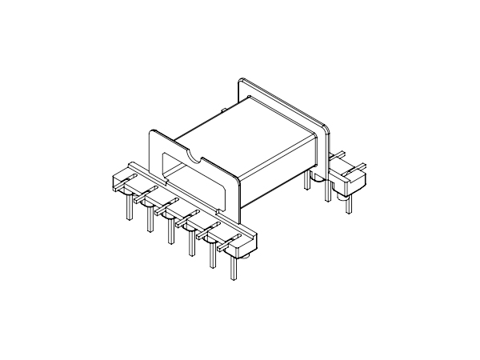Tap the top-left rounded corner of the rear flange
tap(241, 81)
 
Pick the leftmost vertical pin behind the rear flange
tap(307, 182)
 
